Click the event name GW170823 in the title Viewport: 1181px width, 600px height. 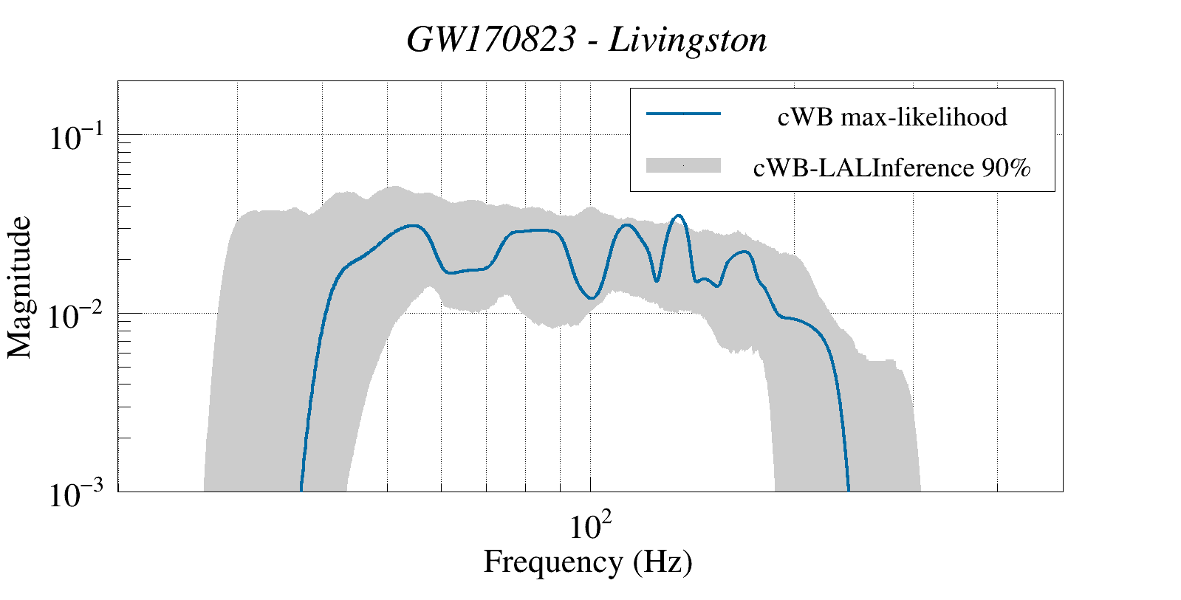click(490, 40)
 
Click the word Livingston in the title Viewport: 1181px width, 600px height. click(688, 40)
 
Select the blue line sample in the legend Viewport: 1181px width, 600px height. click(682, 114)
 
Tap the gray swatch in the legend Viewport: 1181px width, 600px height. click(682, 166)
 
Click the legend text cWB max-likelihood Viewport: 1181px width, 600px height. click(891, 117)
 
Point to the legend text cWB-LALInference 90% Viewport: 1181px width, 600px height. click(891, 168)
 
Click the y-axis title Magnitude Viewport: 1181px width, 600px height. click(20, 287)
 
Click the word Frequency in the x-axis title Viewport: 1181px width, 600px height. click(553, 562)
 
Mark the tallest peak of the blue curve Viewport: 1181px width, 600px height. click(678, 215)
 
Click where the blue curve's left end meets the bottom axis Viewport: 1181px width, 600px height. click(301, 489)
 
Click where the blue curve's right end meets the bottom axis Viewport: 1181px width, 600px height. click(849, 489)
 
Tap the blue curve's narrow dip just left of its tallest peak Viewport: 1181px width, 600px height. click(656, 280)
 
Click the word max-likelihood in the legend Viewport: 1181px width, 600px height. click(923, 117)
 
